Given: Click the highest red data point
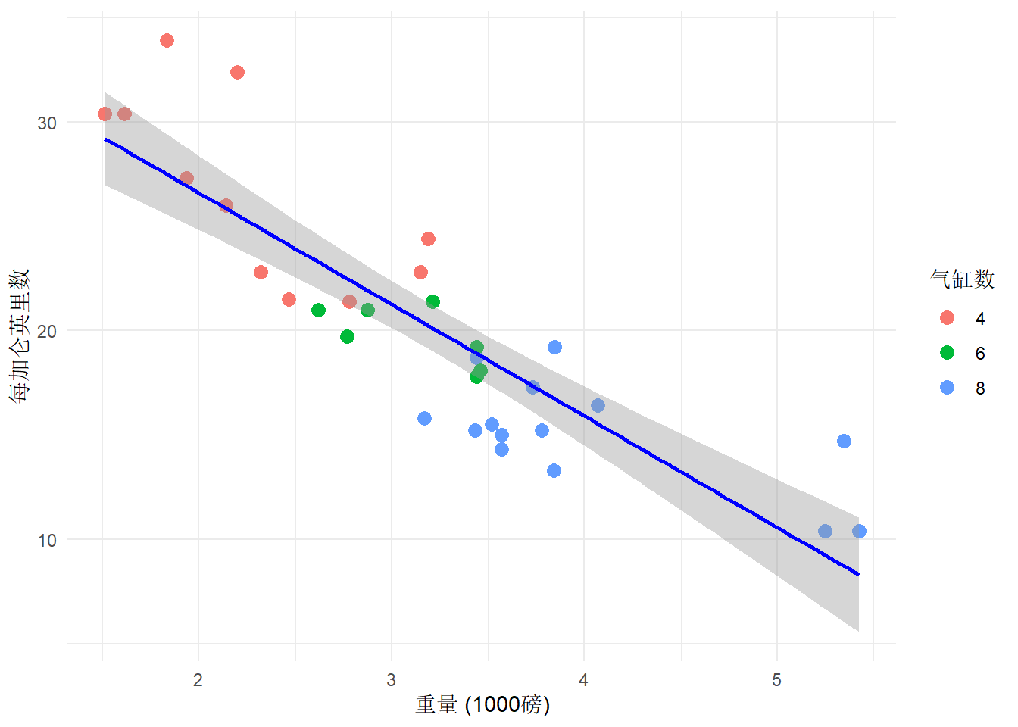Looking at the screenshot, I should [x=167, y=40].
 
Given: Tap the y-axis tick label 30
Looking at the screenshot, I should [x=47, y=123].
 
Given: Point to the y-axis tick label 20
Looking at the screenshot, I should [x=47, y=331].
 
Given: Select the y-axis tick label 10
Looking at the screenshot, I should [x=47, y=540].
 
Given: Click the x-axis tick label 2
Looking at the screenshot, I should [x=198, y=680].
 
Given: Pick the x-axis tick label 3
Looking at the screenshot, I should [x=391, y=680].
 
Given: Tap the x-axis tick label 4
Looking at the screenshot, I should [x=584, y=680].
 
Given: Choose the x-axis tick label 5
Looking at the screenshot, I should [x=776, y=680].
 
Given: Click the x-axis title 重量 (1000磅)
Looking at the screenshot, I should [x=482, y=705].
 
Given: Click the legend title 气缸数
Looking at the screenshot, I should [x=962, y=279].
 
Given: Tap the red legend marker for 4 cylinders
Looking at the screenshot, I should [x=947, y=318].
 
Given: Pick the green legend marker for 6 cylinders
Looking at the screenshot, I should [x=947, y=353].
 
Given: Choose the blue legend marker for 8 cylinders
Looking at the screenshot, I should [x=947, y=388].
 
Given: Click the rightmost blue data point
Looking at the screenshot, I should [x=859, y=531].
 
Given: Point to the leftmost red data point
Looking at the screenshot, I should [x=105, y=114].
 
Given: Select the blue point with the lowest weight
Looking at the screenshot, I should [x=424, y=418].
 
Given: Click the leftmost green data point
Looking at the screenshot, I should [x=318, y=310].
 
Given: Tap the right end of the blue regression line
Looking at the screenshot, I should [x=859, y=575].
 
